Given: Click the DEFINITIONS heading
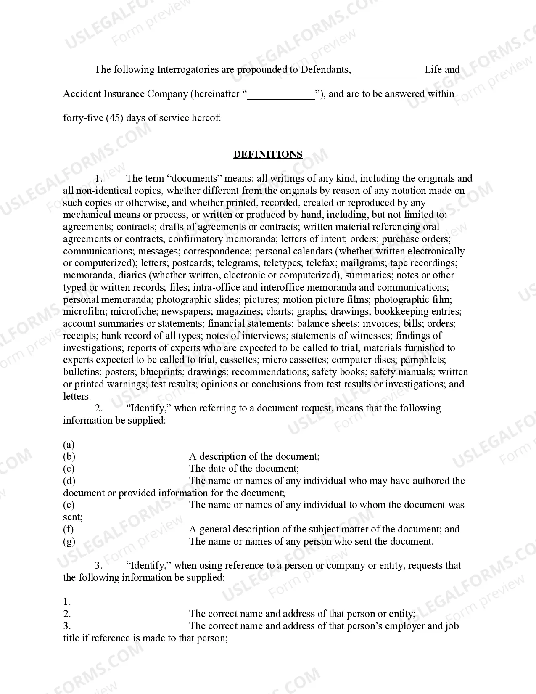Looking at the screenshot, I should [268, 154].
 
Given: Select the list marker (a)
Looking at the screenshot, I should [69, 445].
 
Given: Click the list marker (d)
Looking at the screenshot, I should [69, 481].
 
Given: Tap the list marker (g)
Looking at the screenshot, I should [69, 541].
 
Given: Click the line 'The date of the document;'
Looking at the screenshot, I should [244, 469].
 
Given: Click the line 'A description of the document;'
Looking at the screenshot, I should [254, 457].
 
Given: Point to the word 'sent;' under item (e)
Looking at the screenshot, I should [73, 517].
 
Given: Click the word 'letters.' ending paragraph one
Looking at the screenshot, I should [77, 396].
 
